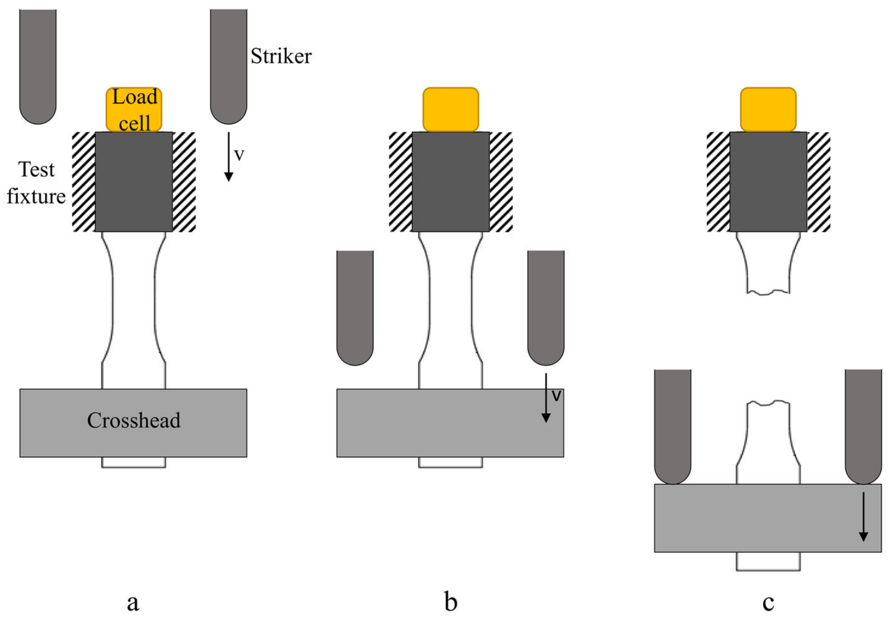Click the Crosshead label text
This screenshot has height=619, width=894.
(133, 420)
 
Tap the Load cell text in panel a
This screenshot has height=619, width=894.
(134, 110)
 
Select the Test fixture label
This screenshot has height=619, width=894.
(36, 183)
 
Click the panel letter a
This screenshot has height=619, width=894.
(133, 602)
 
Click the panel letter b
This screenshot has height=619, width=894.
(451, 602)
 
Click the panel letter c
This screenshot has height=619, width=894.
(768, 602)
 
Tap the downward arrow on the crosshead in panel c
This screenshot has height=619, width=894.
(863, 516)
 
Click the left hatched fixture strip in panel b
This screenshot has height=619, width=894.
(400, 182)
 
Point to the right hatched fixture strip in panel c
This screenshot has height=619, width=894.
(818, 182)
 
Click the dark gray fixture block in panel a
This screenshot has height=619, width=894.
(133, 182)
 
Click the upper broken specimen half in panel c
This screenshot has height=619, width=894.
(768, 264)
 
